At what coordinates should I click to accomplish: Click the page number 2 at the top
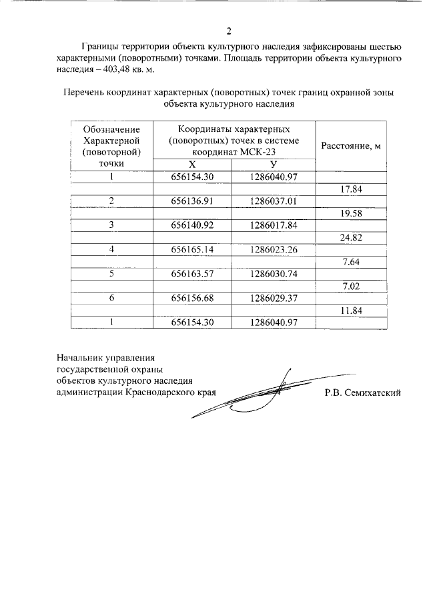click(x=228, y=31)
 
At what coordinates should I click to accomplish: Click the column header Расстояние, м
click(x=351, y=146)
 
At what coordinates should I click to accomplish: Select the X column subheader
click(x=192, y=164)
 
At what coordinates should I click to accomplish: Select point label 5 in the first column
click(x=111, y=273)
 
